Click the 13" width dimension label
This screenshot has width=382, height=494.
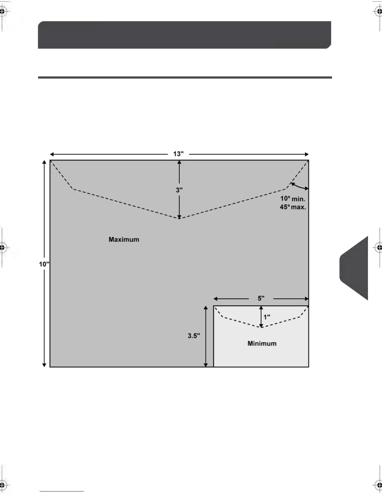pos(179,154)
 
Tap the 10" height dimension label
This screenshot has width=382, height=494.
pos(44,264)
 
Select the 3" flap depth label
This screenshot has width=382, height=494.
pos(179,190)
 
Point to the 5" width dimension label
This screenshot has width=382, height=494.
pos(261,298)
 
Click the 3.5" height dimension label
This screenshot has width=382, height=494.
pos(194,336)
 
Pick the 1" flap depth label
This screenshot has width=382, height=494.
pos(267,317)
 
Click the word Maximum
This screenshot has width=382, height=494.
pos(124,240)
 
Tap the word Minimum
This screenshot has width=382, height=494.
pos(262,343)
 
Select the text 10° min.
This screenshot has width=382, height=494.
pos(293,199)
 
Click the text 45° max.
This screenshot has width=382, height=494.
pos(293,207)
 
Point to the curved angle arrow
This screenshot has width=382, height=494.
pos(299,186)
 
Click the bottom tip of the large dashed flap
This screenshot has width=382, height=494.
pos(179,218)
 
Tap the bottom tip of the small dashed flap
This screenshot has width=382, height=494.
pos(261,327)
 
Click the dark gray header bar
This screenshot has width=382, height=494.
pos(184,35)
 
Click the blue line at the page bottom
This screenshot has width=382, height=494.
pos(62,491)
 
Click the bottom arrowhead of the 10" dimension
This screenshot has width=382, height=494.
pos(44,365)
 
